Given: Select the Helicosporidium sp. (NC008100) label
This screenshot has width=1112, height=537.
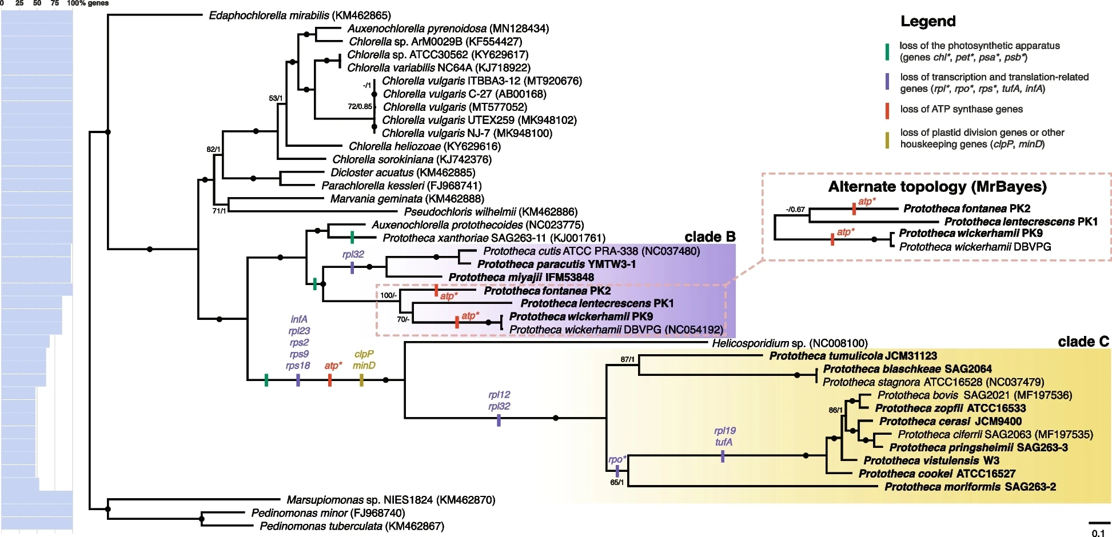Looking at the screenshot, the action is click(x=790, y=343).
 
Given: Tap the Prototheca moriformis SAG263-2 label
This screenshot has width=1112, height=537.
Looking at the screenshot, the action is click(x=970, y=487).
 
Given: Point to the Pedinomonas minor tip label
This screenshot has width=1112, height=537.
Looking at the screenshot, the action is click(x=328, y=513).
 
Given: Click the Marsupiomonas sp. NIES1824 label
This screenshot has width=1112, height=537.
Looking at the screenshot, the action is click(x=391, y=500).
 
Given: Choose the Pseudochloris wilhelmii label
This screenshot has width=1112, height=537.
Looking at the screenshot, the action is click(x=491, y=212).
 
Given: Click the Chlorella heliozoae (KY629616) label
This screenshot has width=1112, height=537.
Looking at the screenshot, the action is click(x=425, y=146).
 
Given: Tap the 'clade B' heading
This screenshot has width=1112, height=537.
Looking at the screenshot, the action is click(x=710, y=237).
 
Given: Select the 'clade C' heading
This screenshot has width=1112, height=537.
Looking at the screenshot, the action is click(x=1083, y=342).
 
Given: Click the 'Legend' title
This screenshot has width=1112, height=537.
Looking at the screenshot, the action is click(x=928, y=22).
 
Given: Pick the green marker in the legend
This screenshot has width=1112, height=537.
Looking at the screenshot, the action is click(x=887, y=51).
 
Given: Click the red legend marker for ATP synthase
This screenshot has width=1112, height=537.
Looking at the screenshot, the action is click(x=887, y=110).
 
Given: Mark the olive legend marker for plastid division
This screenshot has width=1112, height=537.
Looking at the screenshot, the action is click(x=887, y=139).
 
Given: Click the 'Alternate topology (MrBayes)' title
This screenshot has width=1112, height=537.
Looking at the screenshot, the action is click(x=937, y=187).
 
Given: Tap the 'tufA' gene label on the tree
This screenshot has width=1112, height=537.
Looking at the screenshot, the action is click(x=723, y=442).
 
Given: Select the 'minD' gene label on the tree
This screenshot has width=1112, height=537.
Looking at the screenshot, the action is click(x=364, y=366).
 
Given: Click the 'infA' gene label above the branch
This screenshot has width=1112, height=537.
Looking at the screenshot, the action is click(x=299, y=319).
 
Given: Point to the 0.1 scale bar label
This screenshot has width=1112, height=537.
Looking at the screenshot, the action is click(x=1098, y=533).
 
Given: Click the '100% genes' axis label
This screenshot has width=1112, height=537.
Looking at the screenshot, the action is click(x=87, y=3).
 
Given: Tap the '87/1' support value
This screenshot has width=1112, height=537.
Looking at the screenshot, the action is click(x=627, y=359).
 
